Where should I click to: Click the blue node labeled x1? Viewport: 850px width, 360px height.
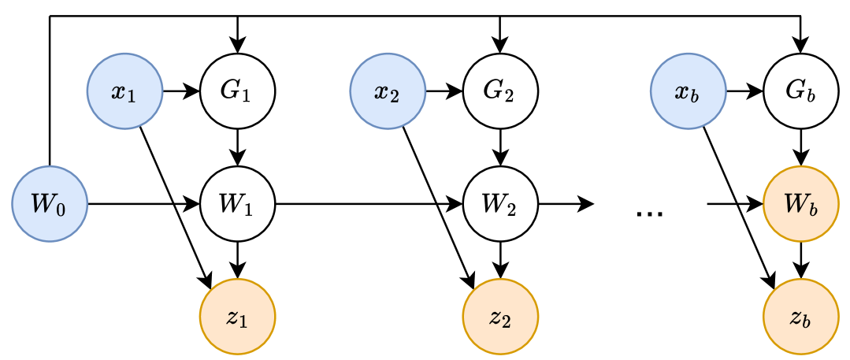coord(124,91)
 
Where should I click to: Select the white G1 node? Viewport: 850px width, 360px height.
coord(237,91)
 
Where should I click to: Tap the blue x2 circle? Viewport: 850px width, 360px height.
coord(388,91)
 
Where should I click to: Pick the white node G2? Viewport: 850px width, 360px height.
coord(500,91)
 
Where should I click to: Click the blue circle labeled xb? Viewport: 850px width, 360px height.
coord(689,91)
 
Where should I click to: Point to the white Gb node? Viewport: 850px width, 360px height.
coord(801,91)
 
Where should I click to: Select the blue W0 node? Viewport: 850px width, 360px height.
coord(49,204)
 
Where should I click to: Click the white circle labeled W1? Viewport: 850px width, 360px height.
coord(237,204)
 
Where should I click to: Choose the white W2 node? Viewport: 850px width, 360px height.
coord(500,204)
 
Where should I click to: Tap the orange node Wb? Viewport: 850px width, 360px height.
coord(801,204)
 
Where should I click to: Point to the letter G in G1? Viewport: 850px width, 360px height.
coord(230,90)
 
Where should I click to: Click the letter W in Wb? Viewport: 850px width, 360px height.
coord(793,202)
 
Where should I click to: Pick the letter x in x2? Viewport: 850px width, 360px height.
coord(381,91)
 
